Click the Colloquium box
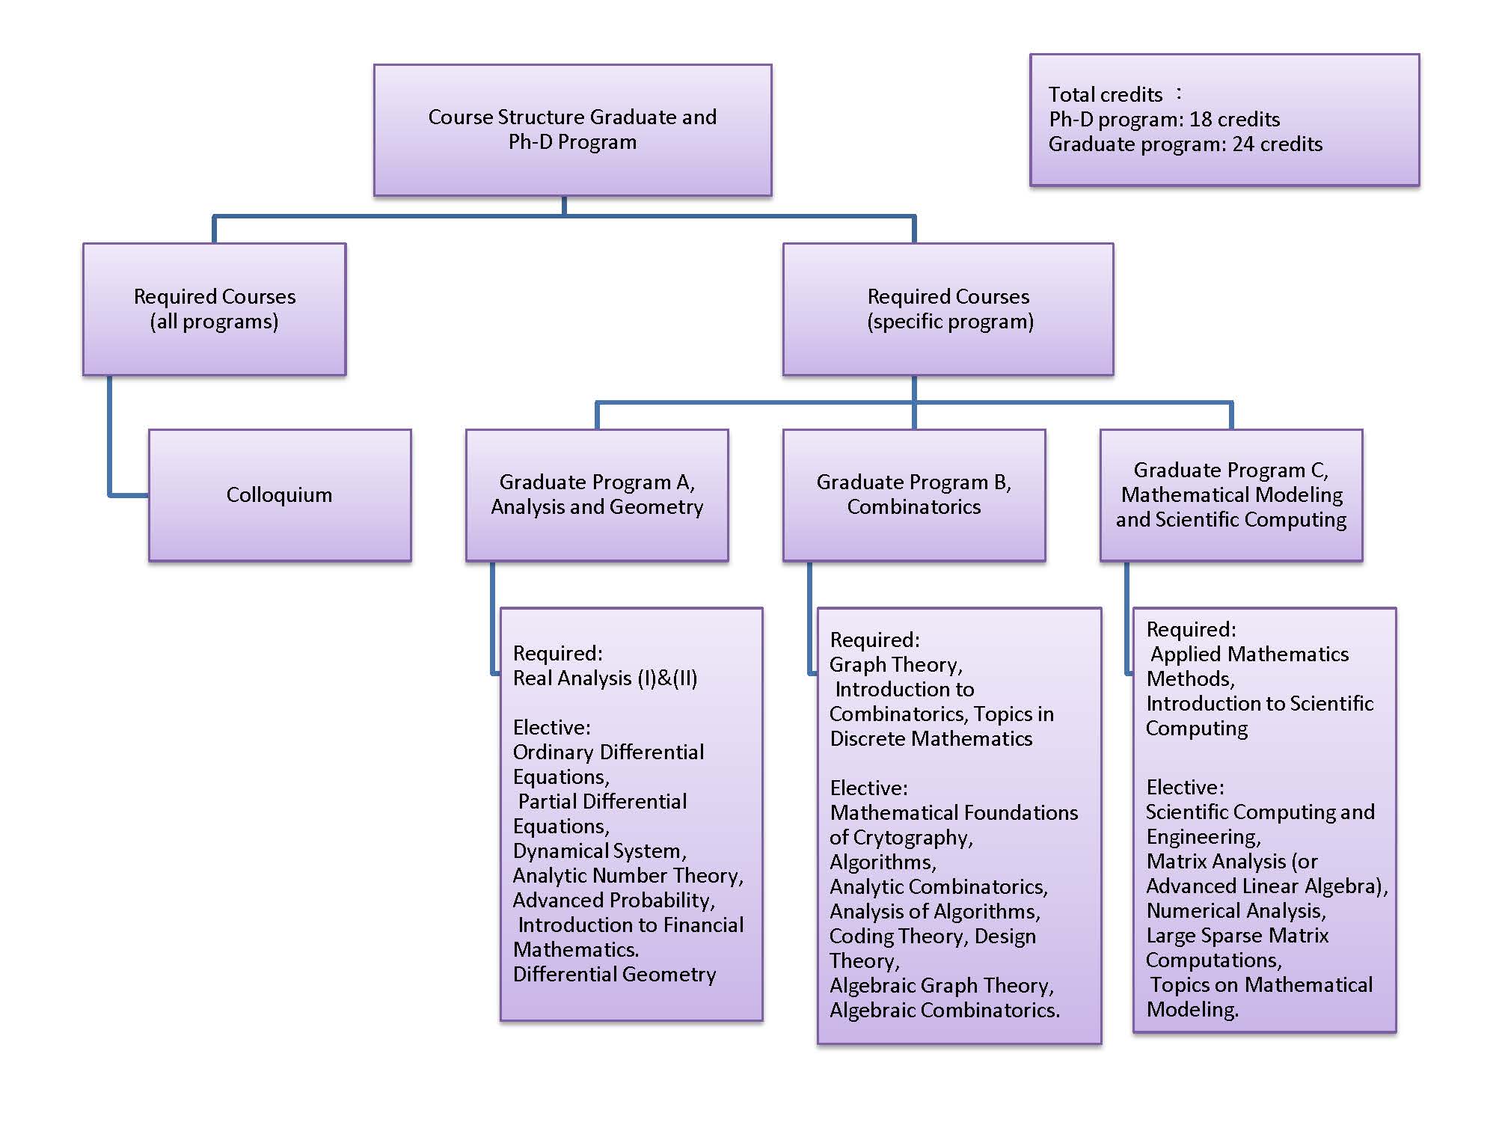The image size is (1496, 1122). click(x=280, y=495)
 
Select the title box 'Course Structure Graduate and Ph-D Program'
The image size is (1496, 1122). click(x=572, y=129)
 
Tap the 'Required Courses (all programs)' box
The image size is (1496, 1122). click(x=215, y=309)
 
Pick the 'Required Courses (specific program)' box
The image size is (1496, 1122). click(x=948, y=309)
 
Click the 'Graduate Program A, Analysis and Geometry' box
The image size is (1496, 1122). click(x=597, y=494)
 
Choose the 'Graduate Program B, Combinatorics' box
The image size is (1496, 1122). click(x=914, y=494)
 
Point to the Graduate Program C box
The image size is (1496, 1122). click(x=1231, y=494)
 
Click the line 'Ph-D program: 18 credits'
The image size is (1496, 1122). click(x=1164, y=120)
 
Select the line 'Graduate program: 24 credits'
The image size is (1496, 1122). click(x=1185, y=144)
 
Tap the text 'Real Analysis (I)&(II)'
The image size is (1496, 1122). click(x=605, y=678)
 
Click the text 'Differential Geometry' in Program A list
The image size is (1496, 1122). click(x=614, y=975)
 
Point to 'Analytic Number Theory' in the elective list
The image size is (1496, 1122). click(x=628, y=876)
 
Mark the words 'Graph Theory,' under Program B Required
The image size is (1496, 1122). click(x=895, y=665)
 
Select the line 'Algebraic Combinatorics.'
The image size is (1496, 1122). click(x=944, y=1011)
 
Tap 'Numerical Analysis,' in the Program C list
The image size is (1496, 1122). click(x=1236, y=911)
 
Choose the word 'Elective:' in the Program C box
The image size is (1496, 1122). click(x=1185, y=788)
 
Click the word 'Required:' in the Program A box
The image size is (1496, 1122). click(x=557, y=654)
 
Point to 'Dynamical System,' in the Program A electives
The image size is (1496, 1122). click(x=599, y=851)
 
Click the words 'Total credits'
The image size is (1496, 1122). click(x=1105, y=95)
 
